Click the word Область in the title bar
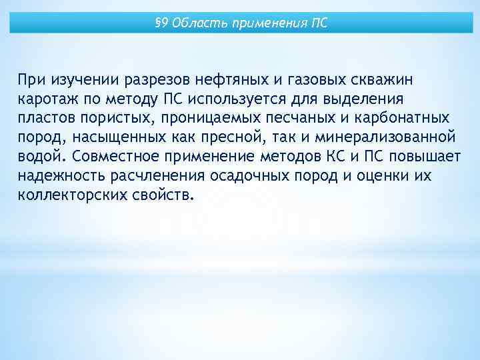pos(195,24)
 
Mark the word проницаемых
pos(184,119)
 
